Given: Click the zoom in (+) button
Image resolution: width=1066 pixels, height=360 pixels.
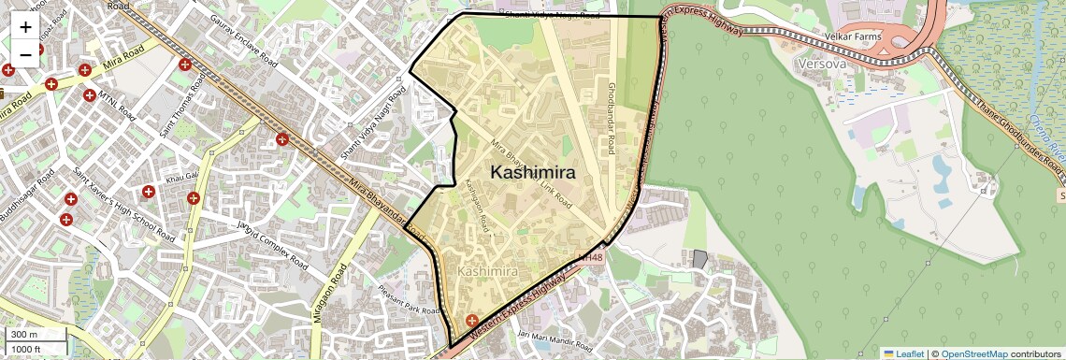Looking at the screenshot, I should click(25, 27).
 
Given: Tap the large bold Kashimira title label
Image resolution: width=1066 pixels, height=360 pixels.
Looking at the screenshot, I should click(533, 172).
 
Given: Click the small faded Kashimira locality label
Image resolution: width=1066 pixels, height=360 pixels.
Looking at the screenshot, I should click(487, 271).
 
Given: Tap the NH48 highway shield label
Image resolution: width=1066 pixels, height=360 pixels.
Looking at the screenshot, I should click(591, 256).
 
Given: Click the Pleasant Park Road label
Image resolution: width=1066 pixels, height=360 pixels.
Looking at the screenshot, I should click(410, 302).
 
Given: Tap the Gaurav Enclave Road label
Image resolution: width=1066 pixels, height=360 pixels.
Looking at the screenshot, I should click(244, 42).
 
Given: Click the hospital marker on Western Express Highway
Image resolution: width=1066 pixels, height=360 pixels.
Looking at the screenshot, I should click(471, 321).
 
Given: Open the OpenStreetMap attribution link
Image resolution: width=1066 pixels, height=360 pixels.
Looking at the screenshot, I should click(973, 353).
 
